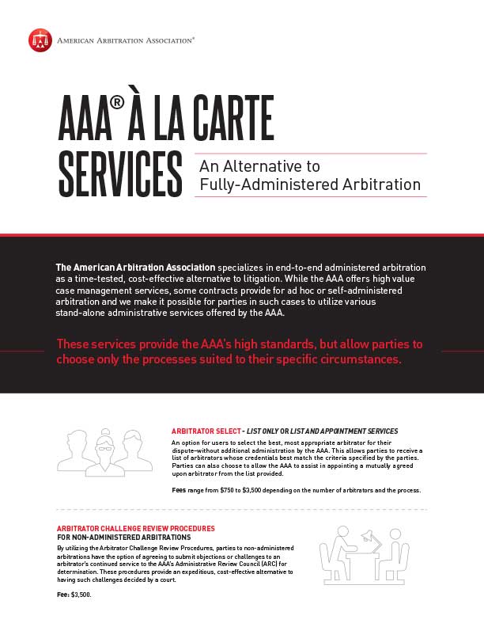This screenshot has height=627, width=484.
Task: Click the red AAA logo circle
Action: point(40,40)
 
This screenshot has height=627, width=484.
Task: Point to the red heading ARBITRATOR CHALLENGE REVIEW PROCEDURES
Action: point(135,528)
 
